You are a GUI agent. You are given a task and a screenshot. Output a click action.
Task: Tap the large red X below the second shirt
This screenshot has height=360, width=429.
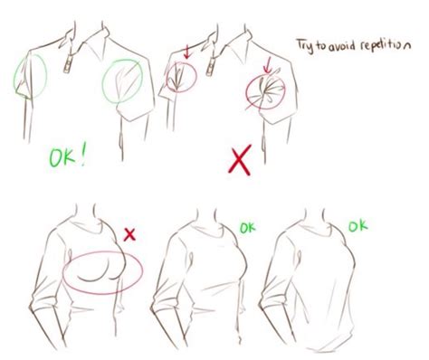239,161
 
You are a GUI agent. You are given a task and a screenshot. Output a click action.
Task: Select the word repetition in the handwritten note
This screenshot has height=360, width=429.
381,43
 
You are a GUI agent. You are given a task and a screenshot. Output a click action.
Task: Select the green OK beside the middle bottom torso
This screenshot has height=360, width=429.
245,228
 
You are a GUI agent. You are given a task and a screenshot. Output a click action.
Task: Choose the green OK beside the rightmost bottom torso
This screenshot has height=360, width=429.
358,223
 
